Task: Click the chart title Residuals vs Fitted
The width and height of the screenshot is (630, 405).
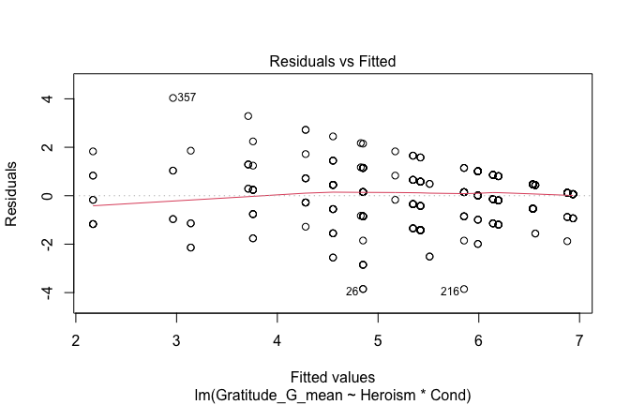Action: pyautogui.click(x=333, y=62)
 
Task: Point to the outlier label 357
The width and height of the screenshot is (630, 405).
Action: pyautogui.click(x=187, y=97)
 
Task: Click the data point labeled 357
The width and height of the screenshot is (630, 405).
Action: pyautogui.click(x=172, y=97)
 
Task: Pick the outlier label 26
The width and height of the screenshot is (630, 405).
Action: pyautogui.click(x=352, y=292)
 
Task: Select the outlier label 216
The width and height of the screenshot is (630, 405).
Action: pyautogui.click(x=449, y=292)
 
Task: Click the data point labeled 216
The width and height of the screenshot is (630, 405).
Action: pyautogui.click(x=463, y=289)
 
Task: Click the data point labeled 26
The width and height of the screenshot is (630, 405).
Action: pyautogui.click(x=363, y=289)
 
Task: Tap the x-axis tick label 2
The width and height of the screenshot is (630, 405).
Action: pyautogui.click(x=76, y=339)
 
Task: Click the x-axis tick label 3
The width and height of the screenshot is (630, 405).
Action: pyautogui.click(x=176, y=339)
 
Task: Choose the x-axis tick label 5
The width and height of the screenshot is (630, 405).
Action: pyautogui.click(x=378, y=339)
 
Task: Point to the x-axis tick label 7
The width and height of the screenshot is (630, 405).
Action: pyautogui.click(x=578, y=339)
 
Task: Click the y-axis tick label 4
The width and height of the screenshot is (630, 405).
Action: pyautogui.click(x=43, y=98)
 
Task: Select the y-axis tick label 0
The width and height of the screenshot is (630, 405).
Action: pyautogui.click(x=43, y=196)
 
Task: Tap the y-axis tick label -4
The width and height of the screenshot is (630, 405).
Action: pyautogui.click(x=40, y=292)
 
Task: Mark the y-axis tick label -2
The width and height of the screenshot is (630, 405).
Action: pyautogui.click(x=40, y=244)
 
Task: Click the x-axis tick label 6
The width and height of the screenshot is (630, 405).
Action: pyautogui.click(x=478, y=339)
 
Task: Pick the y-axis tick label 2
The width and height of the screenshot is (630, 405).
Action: pyautogui.click(x=43, y=147)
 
